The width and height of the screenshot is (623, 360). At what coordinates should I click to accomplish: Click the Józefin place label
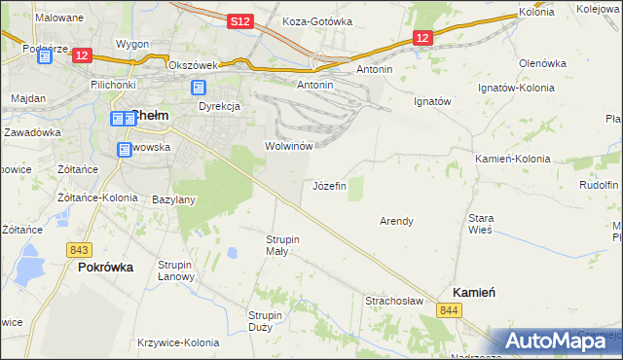coord(329,186)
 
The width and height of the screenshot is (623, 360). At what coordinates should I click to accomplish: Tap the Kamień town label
coord(476,293)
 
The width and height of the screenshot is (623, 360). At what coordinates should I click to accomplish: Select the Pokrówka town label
coord(105,267)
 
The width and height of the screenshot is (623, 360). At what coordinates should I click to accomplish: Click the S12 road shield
coord(242,21)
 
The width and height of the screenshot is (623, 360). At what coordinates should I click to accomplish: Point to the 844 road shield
coord(449,309)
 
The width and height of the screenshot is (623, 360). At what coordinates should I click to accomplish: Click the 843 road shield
coord(80,250)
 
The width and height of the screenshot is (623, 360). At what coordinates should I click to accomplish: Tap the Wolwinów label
coord(288,146)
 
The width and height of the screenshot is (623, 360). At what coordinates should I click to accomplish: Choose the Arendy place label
coord(396,221)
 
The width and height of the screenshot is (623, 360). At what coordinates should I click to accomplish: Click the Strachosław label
coord(394,302)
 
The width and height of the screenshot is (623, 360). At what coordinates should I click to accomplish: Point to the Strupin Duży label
coord(266,321)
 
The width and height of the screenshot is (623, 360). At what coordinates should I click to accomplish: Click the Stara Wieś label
coord(481,225)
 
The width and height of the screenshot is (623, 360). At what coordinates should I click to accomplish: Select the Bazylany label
coord(174,199)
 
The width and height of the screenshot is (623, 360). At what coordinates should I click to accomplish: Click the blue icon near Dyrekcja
coord(198,89)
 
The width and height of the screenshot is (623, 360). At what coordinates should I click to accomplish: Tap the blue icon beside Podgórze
coord(44,56)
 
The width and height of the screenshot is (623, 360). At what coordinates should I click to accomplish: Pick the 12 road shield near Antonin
coord(421,38)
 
